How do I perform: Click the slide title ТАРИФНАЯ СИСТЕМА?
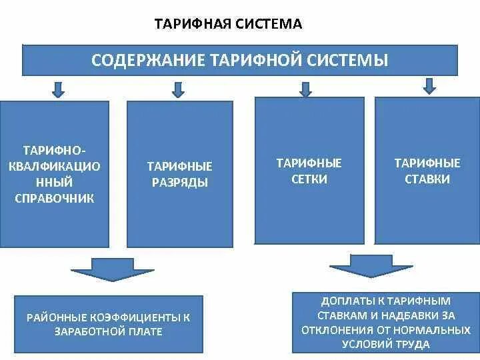pos(228,25)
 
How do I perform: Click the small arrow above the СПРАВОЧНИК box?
pos(58,89)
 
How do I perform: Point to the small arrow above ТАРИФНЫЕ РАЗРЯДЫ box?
pos(177,89)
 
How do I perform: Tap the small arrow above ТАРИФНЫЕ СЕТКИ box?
pos(306,89)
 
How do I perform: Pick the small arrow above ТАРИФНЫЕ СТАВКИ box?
pos(430,86)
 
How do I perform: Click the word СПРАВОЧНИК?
pos(55,198)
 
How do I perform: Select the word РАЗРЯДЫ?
pos(180,183)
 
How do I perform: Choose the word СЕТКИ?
pos(309,179)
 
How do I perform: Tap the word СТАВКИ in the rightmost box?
pos(427,179)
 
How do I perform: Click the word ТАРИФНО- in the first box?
pos(55,150)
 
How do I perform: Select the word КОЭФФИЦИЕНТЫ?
pos(137,317)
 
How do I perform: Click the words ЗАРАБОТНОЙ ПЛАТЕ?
pos(109,331)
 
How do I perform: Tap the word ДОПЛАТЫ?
pos(348,301)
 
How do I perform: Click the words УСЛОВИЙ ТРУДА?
pos(385,344)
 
